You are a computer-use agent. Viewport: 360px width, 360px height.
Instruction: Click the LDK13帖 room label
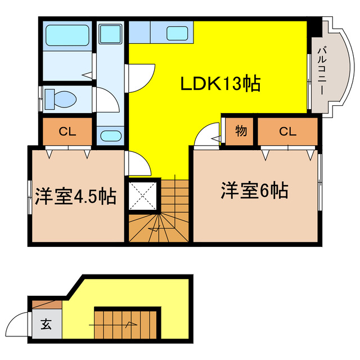coord(219,84)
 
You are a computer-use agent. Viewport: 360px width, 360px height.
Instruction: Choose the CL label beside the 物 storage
coord(287,132)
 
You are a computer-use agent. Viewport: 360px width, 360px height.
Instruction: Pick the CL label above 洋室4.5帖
coord(67,132)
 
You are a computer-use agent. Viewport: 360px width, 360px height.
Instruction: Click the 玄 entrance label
coord(44,324)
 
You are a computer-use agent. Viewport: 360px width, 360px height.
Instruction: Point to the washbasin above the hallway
coord(110,34)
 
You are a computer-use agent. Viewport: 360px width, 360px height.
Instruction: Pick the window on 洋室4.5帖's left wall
coord(29,197)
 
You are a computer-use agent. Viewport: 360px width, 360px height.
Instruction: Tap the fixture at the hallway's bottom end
coord(110,136)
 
